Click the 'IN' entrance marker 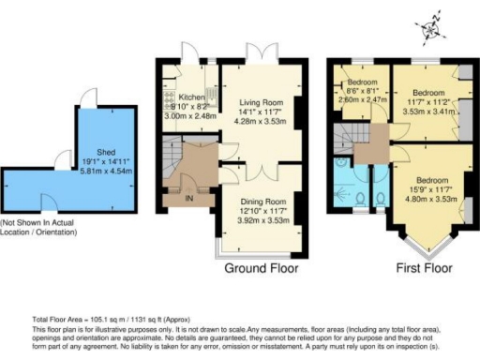[x=188, y=198]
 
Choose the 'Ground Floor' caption [x=262, y=268]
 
